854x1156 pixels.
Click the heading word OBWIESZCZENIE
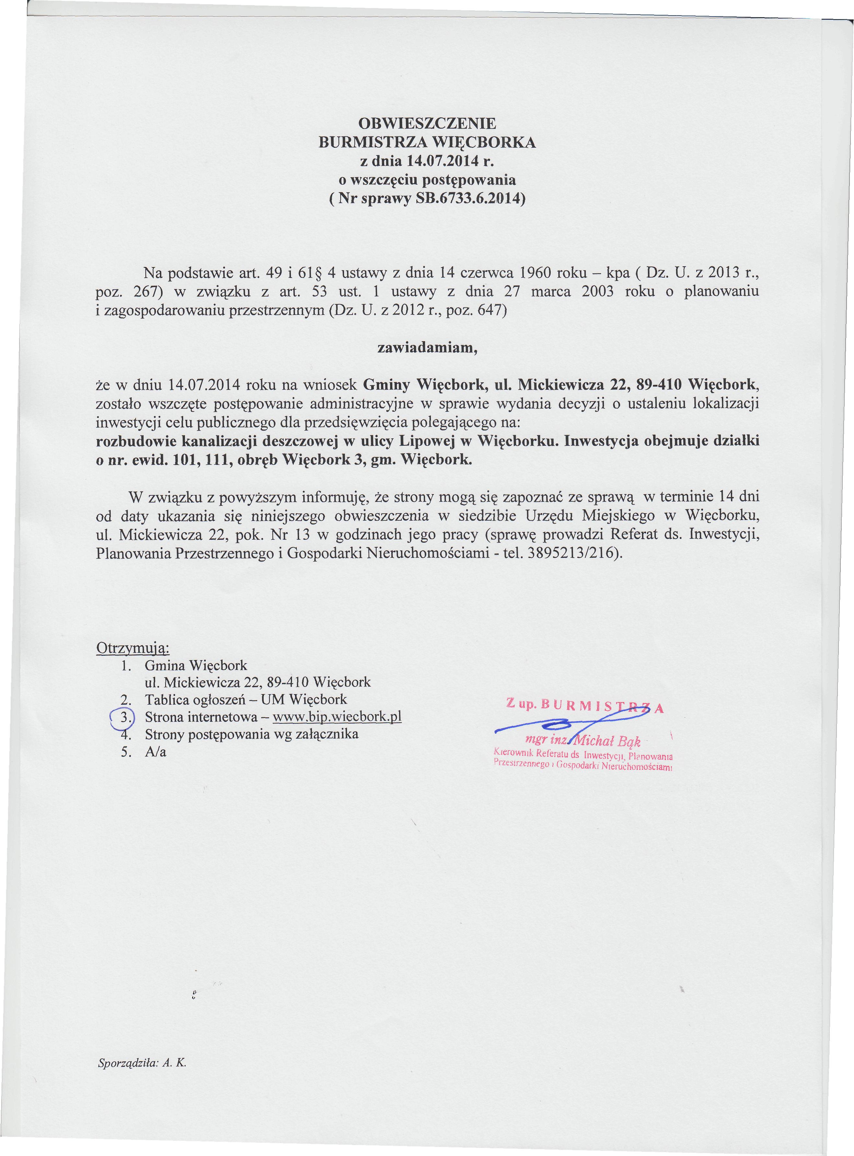click(427, 123)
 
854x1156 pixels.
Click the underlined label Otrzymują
click(133, 648)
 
